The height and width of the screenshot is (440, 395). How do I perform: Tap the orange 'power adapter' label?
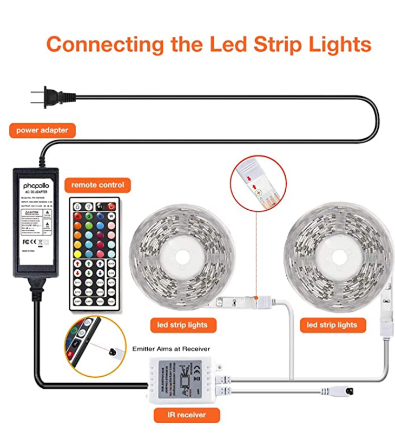[x=42, y=130]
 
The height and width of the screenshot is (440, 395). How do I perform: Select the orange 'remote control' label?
[x=97, y=185]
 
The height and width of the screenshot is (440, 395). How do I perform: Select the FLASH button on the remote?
[x=111, y=292]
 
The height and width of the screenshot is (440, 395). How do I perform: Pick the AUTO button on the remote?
[x=111, y=282]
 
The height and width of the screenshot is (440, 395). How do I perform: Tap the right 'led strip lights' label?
[x=332, y=325]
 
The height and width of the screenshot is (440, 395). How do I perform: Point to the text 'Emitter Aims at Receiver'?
[x=172, y=349]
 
